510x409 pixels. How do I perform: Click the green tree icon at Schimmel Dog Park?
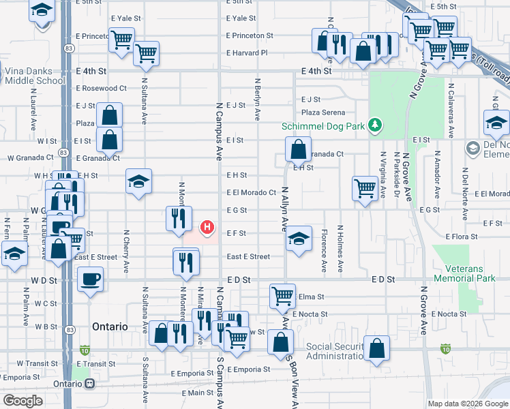click(x=374, y=125)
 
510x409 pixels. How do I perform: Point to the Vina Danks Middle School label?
click(x=34, y=76)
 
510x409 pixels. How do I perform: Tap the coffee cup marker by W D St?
click(x=90, y=279)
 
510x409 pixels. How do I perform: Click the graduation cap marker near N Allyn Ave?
click(x=298, y=239)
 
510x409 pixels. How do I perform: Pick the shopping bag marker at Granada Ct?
click(x=298, y=149)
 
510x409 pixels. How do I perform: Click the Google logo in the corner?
click(x=23, y=401)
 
